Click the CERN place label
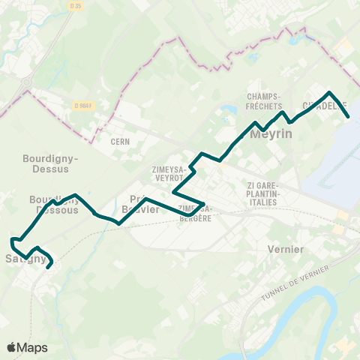(121, 140)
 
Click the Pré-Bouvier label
(140, 204)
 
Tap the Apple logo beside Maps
(11, 347)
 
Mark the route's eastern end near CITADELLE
(349, 115)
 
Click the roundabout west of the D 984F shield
(27, 82)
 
